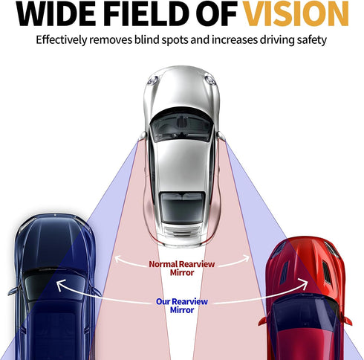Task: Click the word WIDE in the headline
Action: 56,14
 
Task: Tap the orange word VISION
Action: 296,14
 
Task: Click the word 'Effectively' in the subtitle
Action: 62,40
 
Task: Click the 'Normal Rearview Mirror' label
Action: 182,269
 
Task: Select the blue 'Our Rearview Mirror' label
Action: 182,306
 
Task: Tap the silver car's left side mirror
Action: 143,136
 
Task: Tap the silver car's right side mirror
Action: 221,136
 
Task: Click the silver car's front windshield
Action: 182,126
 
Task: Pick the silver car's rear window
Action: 182,208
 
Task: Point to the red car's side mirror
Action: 264,321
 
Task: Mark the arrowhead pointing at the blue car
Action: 61,285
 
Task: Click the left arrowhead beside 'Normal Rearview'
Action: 119,260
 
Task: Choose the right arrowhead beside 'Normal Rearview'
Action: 245,259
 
